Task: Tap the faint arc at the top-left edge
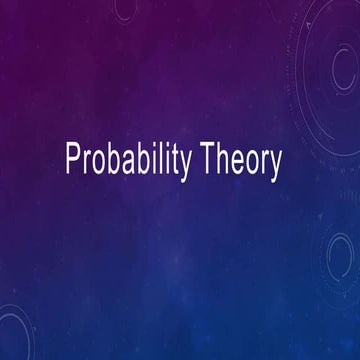(x=125, y=10)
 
